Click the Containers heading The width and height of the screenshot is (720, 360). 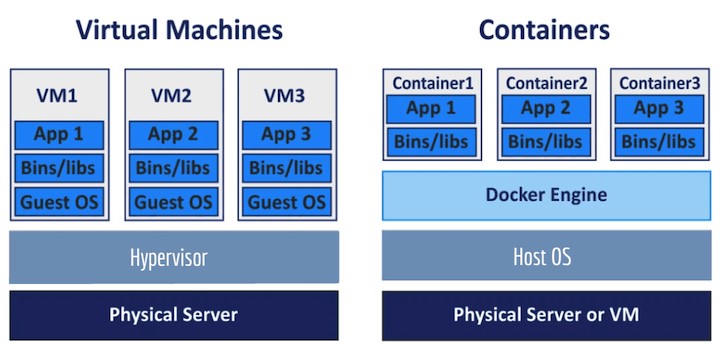click(x=544, y=30)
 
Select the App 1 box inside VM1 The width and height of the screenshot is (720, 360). click(x=59, y=134)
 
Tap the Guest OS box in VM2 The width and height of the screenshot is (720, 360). click(x=173, y=202)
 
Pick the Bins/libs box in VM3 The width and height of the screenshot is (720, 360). click(x=287, y=168)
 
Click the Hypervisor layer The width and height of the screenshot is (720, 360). click(x=173, y=257)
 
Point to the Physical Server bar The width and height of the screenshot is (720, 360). click(x=173, y=314)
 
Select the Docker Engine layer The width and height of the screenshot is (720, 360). click(x=545, y=195)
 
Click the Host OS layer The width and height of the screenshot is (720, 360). click(x=545, y=257)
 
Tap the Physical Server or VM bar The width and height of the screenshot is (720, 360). click(x=545, y=314)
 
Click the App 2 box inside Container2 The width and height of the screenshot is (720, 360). click(x=545, y=109)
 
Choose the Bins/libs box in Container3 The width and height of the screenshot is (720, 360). click(x=658, y=142)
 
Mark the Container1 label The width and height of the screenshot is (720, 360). click(x=432, y=83)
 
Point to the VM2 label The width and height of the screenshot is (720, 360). click(x=173, y=96)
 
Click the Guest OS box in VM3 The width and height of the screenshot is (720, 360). click(x=287, y=202)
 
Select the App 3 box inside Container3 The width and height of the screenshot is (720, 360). click(x=658, y=109)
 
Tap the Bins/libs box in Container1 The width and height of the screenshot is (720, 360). click(x=432, y=142)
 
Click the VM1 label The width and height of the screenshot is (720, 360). click(x=59, y=96)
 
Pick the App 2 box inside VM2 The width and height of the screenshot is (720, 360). click(x=173, y=134)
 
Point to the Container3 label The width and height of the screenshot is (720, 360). click(x=658, y=83)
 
